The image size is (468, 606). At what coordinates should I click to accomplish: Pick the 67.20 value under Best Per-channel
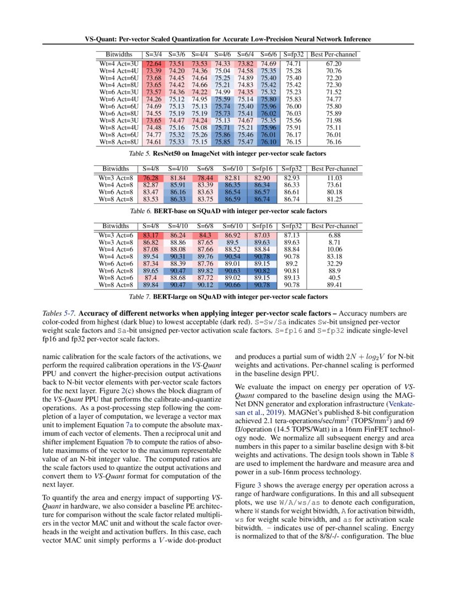(334, 64)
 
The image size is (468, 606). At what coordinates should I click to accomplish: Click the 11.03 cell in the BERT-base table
(334, 178)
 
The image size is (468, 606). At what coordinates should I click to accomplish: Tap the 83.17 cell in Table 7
(151, 236)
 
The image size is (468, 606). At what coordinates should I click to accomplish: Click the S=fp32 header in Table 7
(292, 226)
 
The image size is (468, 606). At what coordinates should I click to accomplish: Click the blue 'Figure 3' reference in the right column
(248, 485)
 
